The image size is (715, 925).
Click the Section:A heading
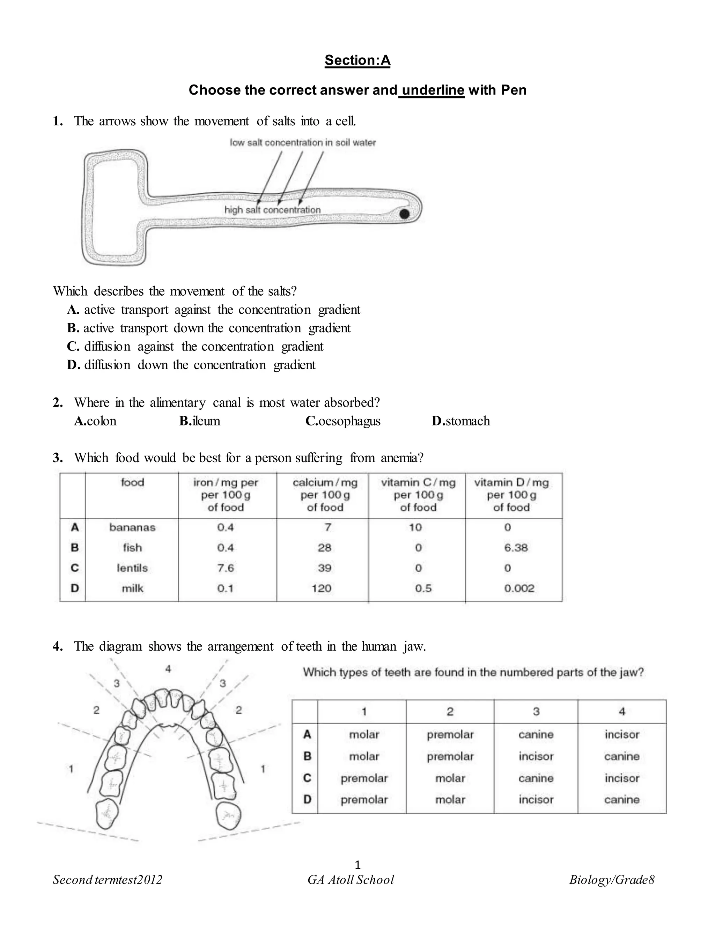[x=357, y=60]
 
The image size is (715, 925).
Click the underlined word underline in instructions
[x=433, y=90]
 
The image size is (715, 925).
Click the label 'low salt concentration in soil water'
[x=302, y=143]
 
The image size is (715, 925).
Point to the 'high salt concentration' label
[x=272, y=210]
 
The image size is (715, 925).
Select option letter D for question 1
[x=73, y=365]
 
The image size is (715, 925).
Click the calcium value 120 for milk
[x=322, y=588]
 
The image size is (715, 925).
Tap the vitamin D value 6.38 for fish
[x=516, y=548]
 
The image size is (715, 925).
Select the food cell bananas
[x=132, y=527]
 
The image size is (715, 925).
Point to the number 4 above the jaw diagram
[x=168, y=668]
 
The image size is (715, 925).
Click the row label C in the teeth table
[x=307, y=778]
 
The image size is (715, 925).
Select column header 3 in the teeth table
[x=536, y=711]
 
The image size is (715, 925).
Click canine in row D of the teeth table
[x=621, y=800]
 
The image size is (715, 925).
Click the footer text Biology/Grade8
[x=611, y=880]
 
